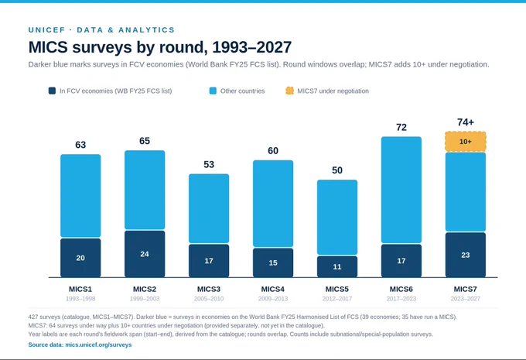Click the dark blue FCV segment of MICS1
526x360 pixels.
[80, 258]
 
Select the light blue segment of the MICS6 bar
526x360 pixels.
[401, 190]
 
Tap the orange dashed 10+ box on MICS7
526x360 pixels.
[466, 142]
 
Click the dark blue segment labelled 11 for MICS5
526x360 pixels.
[337, 266]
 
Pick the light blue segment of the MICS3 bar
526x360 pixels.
[209, 208]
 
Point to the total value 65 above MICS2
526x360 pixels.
[145, 141]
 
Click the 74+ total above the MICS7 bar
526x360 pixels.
[466, 122]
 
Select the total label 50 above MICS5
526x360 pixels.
[337, 170]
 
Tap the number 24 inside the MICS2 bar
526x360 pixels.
[145, 254]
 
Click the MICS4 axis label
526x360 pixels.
[273, 289]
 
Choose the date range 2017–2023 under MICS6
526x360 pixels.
[401, 299]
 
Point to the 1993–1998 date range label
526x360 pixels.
[80, 299]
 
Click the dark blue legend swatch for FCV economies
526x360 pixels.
[52, 91]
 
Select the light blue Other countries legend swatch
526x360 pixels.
[213, 91]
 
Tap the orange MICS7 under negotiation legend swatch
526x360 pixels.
[289, 91]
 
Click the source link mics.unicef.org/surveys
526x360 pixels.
[98, 345]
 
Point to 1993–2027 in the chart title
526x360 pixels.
[252, 47]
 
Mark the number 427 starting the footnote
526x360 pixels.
[33, 317]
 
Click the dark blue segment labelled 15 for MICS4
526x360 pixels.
[273, 263]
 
